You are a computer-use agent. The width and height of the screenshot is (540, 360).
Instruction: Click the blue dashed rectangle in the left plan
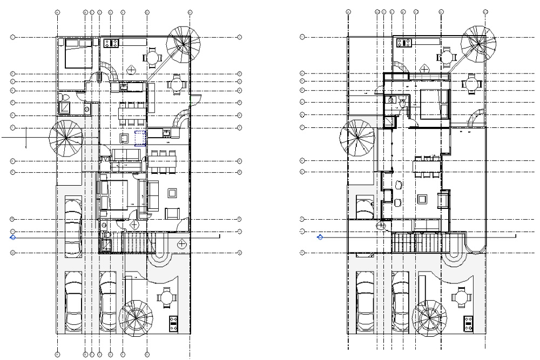140,138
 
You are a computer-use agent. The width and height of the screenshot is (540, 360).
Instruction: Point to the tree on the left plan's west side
66,138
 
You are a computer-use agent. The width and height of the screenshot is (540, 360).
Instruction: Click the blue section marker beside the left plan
13,236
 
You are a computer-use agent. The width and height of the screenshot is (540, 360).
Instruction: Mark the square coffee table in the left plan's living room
173,193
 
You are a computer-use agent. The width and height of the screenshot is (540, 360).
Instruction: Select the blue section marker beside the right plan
320,236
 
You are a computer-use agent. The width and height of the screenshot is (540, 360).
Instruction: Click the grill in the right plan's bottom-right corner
468,322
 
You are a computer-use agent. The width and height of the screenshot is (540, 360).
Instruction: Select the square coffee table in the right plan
422,200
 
